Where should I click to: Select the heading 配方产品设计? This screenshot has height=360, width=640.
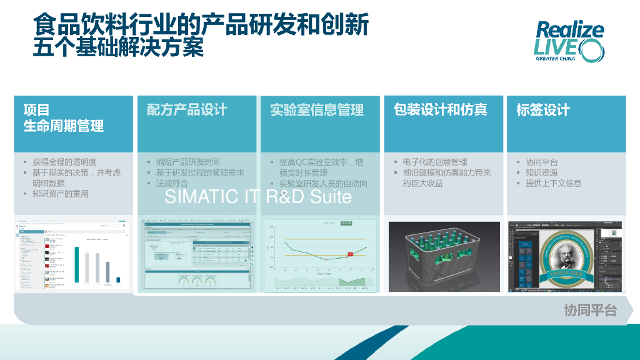[x=187, y=110]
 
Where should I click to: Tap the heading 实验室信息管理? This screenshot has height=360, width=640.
[x=317, y=110]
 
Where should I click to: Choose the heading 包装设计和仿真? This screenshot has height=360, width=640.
[x=440, y=110]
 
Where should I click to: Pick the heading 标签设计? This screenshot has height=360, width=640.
[x=542, y=111]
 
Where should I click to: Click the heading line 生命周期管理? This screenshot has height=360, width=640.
[x=64, y=126]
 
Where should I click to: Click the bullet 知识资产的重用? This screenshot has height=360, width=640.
[x=61, y=194]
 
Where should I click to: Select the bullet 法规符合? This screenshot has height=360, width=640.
[x=172, y=183]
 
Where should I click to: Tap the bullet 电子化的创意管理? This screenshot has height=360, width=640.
[x=435, y=162]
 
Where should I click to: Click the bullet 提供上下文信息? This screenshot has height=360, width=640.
[x=553, y=183]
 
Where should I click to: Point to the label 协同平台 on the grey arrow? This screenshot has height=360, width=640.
[x=590, y=311]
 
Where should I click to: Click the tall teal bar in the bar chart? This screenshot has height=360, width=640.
[x=77, y=264]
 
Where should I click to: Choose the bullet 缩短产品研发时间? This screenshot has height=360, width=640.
[x=187, y=162]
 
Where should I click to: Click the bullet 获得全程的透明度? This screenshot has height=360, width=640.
[x=64, y=162]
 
